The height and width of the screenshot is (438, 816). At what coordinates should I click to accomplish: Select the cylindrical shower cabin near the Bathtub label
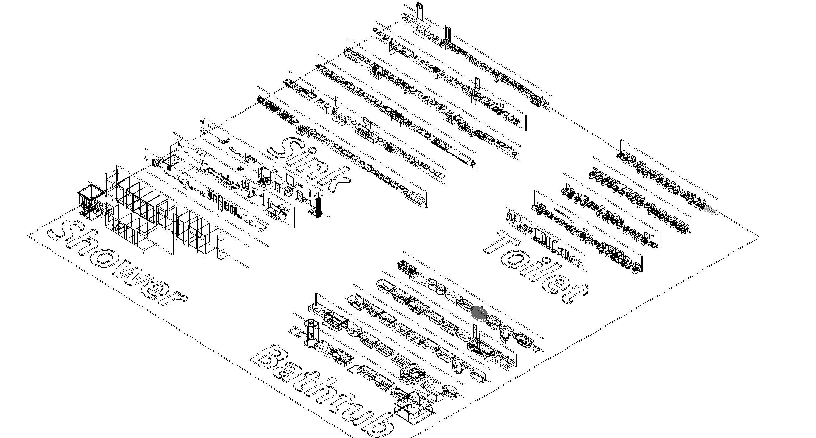(310, 333)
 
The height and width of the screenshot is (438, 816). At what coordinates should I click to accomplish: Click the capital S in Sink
(287, 149)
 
